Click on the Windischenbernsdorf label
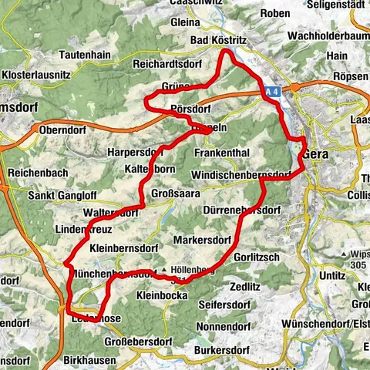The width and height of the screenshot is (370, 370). (240, 175)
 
